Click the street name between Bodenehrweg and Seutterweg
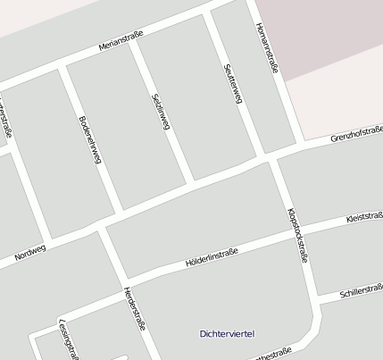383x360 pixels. click(161, 112)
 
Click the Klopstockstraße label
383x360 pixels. click(298, 235)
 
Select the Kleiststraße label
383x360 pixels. click(363, 217)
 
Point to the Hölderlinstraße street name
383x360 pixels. click(212, 258)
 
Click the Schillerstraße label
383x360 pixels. click(362, 292)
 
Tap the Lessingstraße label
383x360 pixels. click(68, 339)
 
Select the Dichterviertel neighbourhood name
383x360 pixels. click(227, 334)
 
